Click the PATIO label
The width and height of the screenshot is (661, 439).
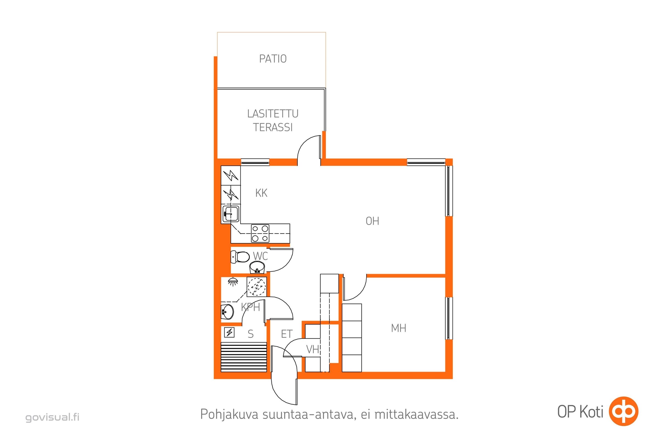(x=273, y=59)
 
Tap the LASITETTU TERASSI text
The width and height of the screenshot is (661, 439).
(x=273, y=120)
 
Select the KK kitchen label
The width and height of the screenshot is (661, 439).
(x=261, y=193)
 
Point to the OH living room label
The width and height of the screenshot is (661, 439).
(x=372, y=221)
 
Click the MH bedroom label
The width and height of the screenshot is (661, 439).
(x=398, y=328)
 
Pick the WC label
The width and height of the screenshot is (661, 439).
(x=260, y=256)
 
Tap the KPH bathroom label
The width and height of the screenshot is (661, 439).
(x=250, y=307)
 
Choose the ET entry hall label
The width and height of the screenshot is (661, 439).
(x=287, y=334)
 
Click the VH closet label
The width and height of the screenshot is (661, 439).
(x=313, y=349)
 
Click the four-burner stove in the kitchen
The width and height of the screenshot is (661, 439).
(x=260, y=233)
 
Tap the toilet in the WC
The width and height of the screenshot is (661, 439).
(x=240, y=257)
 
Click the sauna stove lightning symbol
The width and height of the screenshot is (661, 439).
(x=229, y=332)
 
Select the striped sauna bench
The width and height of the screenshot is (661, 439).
(x=244, y=357)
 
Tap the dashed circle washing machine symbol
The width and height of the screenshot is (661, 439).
(x=257, y=286)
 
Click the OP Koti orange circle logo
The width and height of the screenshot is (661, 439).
(x=624, y=411)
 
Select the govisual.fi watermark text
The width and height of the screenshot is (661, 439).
(x=52, y=417)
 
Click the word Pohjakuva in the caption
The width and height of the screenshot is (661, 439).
(x=229, y=414)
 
